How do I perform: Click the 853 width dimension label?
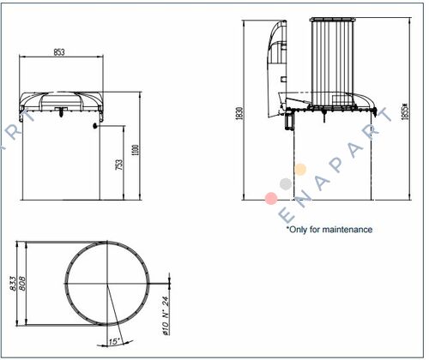59,52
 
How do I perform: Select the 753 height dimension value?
119,165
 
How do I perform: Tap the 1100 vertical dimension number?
136,150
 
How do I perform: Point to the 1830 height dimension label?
239,113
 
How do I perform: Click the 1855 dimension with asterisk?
405,111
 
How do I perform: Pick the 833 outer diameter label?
13,284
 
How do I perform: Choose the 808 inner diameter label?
22,284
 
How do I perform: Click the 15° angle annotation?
114,341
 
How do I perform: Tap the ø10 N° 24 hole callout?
166,315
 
